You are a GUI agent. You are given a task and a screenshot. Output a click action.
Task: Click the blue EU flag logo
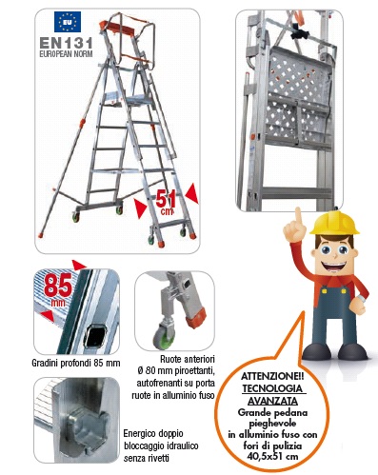point(68,22)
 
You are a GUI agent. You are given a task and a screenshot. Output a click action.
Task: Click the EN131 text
point(66,43)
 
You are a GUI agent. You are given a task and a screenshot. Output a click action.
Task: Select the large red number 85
point(58,287)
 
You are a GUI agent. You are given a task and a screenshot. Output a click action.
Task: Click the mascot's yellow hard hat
point(334,223)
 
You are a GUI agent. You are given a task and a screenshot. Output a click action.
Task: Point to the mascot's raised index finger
point(298,216)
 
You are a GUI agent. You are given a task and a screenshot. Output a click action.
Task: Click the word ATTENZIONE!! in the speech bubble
point(272,376)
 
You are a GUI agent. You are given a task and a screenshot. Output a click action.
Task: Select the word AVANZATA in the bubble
point(272,401)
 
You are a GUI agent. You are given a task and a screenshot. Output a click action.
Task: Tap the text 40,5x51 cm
point(273,456)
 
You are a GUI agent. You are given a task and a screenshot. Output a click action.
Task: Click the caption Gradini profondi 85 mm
point(76,363)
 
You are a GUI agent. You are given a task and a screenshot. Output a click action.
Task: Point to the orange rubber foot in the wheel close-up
point(196,319)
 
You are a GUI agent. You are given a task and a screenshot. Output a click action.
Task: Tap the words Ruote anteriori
point(188,359)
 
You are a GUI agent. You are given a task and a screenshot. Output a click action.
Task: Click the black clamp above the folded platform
point(300,32)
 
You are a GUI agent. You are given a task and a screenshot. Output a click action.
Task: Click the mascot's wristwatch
point(361,298)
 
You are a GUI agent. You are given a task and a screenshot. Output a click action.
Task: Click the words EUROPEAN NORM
point(66,54)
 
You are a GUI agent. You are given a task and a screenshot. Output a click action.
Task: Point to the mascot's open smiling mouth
point(333,267)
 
